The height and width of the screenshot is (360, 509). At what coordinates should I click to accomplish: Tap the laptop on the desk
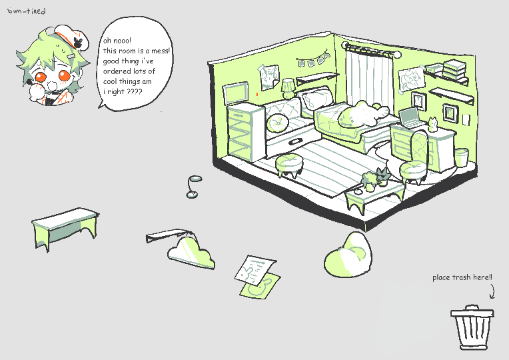click(x=413, y=118)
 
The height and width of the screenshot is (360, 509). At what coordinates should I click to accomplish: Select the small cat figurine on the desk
click(x=432, y=124)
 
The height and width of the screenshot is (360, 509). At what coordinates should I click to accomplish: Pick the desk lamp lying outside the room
click(x=194, y=186)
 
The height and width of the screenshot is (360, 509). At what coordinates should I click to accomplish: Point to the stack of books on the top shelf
click(x=455, y=68)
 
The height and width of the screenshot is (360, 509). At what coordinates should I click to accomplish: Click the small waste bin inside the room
click(x=462, y=157)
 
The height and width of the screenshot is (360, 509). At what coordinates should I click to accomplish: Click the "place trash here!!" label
click(x=462, y=277)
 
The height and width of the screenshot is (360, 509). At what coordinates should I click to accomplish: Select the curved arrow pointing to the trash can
click(x=493, y=291)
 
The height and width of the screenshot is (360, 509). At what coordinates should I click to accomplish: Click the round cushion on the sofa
click(x=276, y=122)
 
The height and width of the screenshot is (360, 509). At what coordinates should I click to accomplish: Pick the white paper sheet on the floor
click(x=256, y=268)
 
